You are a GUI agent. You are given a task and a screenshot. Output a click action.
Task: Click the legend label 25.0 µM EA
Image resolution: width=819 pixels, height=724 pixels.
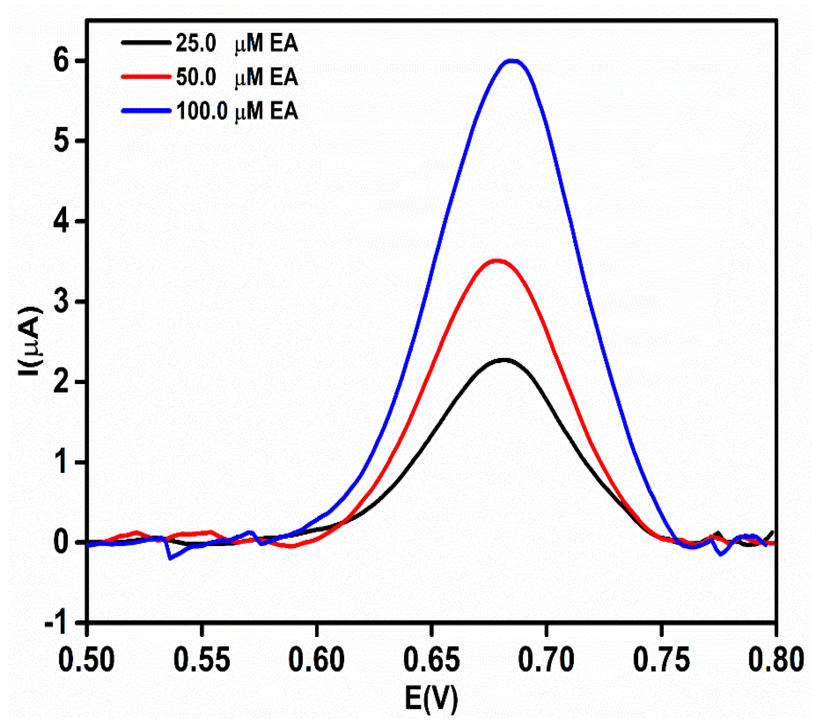(x=236, y=43)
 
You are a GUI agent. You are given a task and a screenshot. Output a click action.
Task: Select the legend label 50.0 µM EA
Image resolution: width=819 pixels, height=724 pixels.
(x=236, y=77)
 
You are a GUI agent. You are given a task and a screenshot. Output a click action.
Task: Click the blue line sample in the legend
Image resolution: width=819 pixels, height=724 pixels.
(x=146, y=111)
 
